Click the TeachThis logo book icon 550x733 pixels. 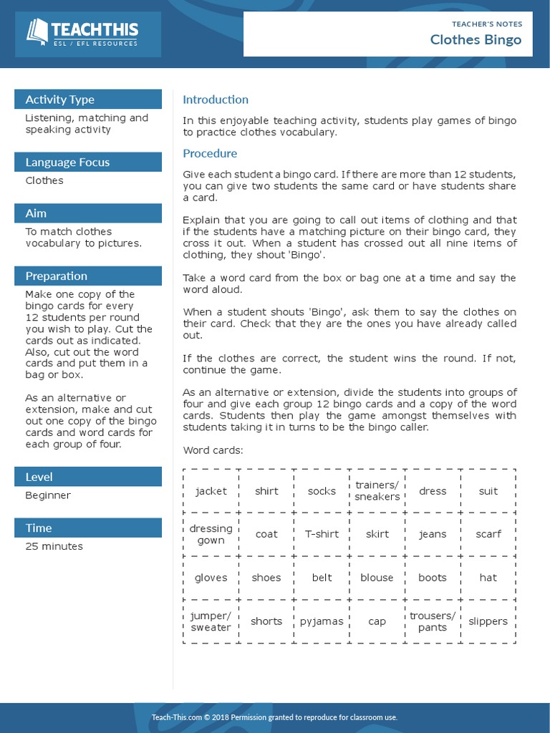[37, 31]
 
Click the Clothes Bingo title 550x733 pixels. [476, 39]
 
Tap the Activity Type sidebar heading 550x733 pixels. [60, 99]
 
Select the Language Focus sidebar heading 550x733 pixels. [67, 162]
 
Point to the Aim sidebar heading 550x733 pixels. [37, 213]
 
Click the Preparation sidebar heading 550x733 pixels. [56, 276]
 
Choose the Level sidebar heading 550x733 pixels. [39, 477]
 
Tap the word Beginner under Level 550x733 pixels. [48, 495]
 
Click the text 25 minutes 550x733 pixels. [54, 546]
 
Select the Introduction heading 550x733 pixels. [216, 99]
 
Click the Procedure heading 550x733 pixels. [210, 153]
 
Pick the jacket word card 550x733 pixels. [211, 491]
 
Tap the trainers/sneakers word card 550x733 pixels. [377, 491]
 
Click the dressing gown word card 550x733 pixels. [211, 534]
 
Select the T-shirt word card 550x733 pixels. [322, 534]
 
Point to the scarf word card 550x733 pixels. [488, 534]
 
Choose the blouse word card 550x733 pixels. [377, 578]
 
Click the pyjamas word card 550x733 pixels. [322, 621]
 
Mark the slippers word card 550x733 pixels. [488, 621]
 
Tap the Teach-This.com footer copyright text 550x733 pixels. [274, 717]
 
